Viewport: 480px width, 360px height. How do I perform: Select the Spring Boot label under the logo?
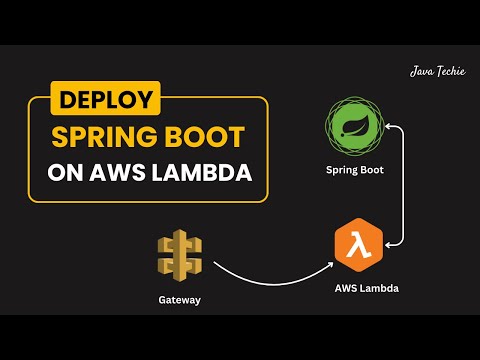354,170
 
